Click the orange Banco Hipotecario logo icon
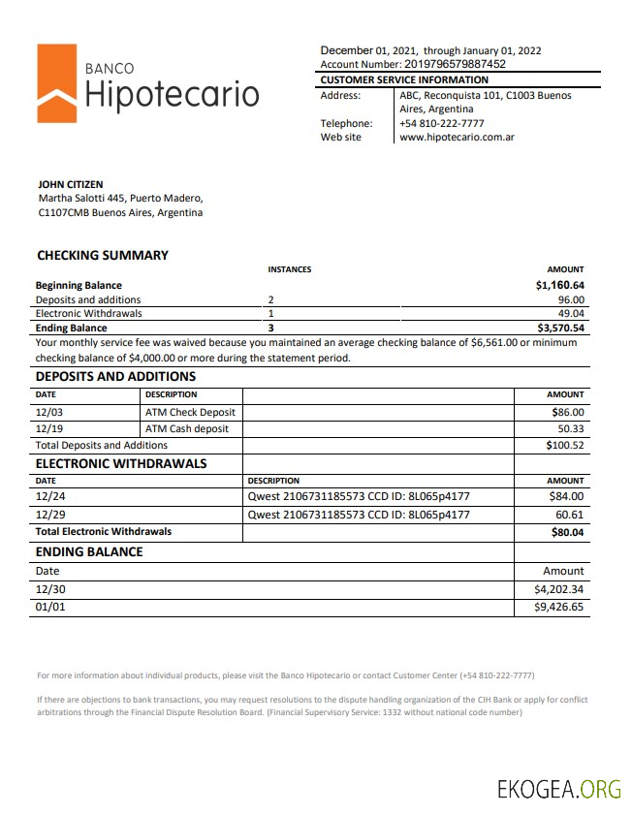point(56,83)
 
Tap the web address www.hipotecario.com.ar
point(456,138)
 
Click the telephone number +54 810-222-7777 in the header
point(442,123)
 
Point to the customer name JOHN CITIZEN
point(70,184)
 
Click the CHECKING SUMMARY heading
point(102,256)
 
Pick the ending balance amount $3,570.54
point(559,329)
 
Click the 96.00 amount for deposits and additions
point(570,300)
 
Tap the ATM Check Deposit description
point(190,413)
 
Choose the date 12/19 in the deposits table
point(48,428)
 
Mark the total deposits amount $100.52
point(564,445)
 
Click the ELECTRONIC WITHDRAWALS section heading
point(121,463)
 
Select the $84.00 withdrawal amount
point(566,497)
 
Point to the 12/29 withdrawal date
point(48,515)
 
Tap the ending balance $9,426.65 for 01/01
point(559,607)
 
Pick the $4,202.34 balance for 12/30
point(559,589)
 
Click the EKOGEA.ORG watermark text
point(558,788)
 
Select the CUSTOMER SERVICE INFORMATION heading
point(404,79)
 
